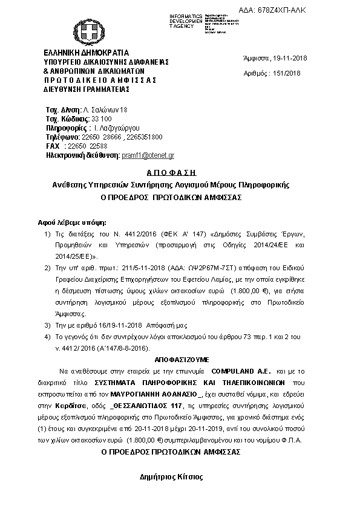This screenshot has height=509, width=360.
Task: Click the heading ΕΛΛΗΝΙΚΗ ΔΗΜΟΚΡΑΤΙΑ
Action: [86, 53]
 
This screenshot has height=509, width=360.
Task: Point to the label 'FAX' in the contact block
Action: [53, 146]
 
